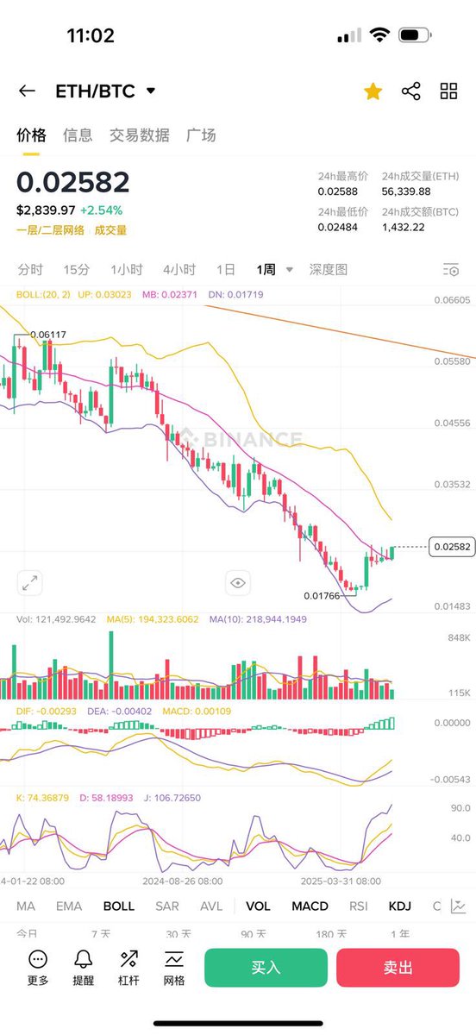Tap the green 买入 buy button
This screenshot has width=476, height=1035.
[x=266, y=968]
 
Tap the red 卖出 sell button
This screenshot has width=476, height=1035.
[x=398, y=968]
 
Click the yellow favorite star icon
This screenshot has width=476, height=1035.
[x=373, y=91]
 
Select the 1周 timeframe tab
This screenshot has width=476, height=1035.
[x=266, y=269]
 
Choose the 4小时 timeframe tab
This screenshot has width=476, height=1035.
[x=178, y=269]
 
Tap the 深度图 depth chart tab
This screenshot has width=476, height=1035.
[x=329, y=269]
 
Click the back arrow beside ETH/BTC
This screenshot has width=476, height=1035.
[x=27, y=91]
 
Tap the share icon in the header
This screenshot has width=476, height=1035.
[x=410, y=91]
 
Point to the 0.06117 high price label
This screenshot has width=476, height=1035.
[x=48, y=335]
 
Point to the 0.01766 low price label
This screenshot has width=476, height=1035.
[x=322, y=595]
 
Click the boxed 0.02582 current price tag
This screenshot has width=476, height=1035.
[x=452, y=547]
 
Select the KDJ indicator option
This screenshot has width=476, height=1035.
[x=400, y=906]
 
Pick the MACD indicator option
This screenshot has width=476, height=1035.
[x=310, y=906]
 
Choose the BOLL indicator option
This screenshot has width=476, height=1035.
[x=119, y=906]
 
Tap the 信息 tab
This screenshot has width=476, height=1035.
[x=78, y=135]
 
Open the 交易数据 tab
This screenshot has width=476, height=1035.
[x=140, y=135]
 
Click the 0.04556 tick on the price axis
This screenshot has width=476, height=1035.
[x=454, y=423]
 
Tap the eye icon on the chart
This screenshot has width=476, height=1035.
[x=238, y=584]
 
